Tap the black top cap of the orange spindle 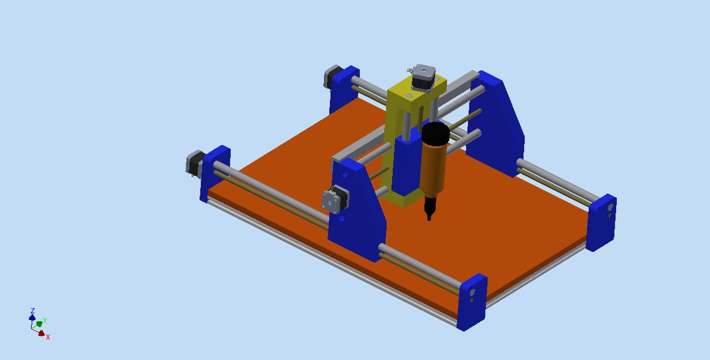coord(436,134)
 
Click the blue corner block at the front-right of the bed coord(472,301)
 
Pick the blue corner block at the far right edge coord(602,222)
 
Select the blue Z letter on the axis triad coord(33,311)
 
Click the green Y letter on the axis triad coord(44,321)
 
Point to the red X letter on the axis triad coord(48,337)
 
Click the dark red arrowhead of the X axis coord(41,333)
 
